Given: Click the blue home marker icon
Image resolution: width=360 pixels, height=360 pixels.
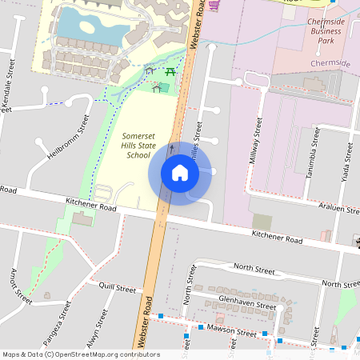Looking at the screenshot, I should point(180,173).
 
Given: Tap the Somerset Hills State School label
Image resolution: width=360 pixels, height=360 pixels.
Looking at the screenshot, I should point(137,146).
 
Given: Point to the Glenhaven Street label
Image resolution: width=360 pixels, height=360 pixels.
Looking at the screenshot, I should point(247,302).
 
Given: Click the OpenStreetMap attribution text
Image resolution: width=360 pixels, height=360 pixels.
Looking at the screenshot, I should point(81,354).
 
